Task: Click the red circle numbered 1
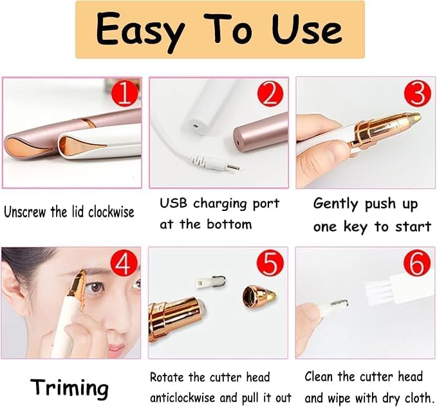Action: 125,93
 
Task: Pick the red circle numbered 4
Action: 124,263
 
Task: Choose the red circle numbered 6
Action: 417,264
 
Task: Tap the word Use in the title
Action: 306,29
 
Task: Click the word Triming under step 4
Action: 70,387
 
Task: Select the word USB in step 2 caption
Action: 173,203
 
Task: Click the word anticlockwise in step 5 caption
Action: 183,397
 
